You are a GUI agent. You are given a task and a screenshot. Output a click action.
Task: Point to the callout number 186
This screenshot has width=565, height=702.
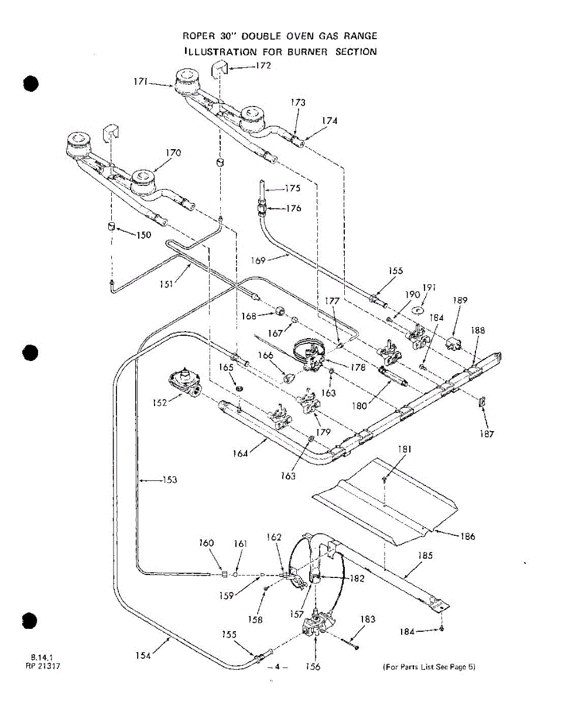click(x=468, y=536)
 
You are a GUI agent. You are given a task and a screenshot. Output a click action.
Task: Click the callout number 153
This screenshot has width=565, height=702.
click(x=170, y=480)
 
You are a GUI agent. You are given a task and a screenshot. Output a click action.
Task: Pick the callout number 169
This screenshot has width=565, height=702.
click(x=259, y=260)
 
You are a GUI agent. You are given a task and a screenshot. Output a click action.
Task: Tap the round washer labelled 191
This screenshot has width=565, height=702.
click(x=417, y=309)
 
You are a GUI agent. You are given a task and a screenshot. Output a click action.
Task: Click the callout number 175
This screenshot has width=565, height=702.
click(x=293, y=188)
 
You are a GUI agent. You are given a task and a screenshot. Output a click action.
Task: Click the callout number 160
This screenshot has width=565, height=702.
click(x=207, y=543)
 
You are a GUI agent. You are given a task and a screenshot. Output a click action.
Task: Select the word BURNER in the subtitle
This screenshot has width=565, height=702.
click(x=307, y=51)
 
